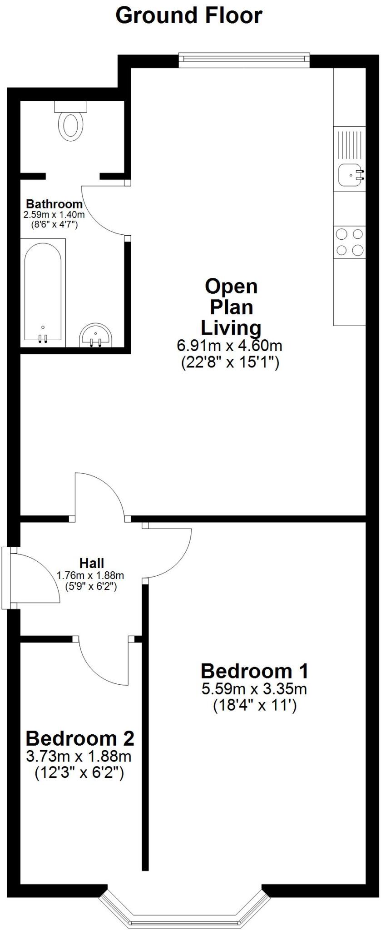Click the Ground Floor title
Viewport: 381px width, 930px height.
click(189, 16)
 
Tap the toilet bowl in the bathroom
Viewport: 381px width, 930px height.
click(71, 126)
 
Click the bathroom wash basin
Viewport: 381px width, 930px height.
click(96, 336)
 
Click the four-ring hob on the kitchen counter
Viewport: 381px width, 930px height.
click(349, 242)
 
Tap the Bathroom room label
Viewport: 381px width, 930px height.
click(54, 204)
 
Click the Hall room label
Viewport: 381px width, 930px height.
click(92, 564)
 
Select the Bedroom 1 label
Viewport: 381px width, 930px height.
click(254, 671)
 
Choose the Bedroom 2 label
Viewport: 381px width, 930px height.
click(80, 738)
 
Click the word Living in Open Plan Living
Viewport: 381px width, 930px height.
click(231, 328)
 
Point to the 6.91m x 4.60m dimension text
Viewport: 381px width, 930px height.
click(229, 346)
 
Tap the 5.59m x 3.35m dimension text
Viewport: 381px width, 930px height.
click(254, 689)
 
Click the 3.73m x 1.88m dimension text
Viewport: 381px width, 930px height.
click(79, 757)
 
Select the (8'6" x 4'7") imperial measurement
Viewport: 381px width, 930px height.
click(54, 224)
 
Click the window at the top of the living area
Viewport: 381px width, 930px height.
click(243, 60)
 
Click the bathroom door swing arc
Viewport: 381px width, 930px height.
click(102, 211)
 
